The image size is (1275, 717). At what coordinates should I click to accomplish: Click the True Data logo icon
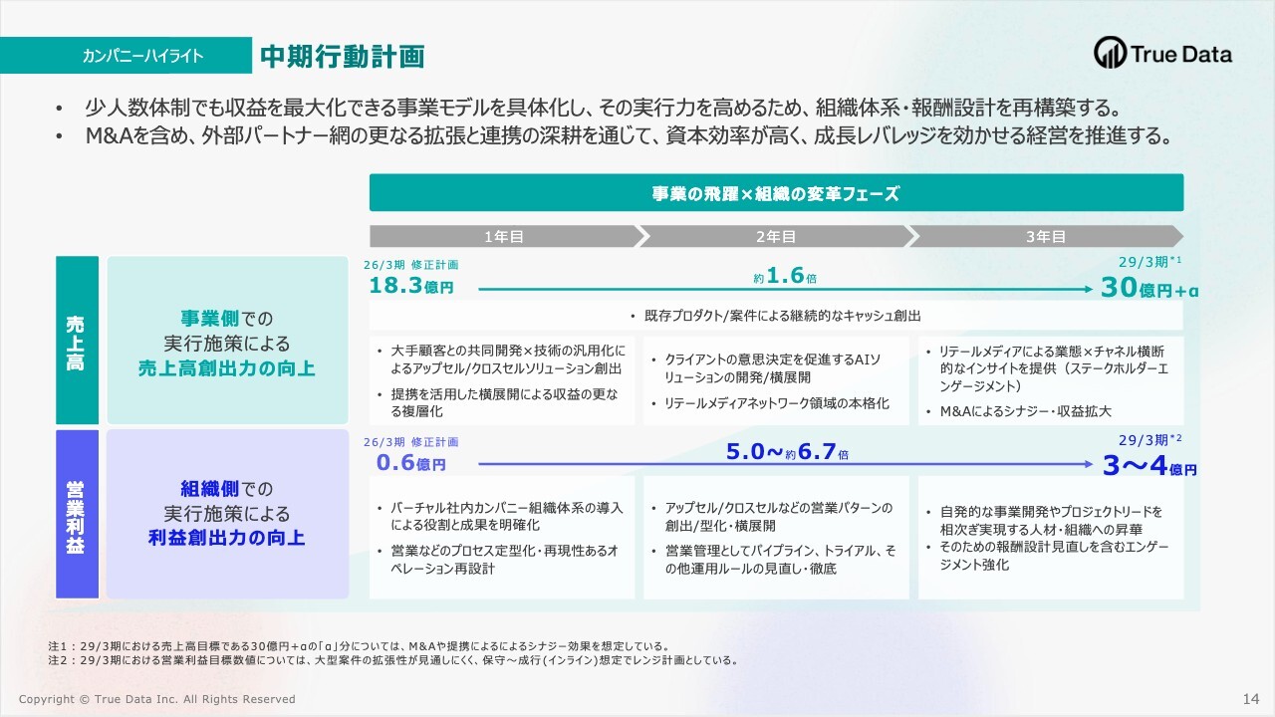point(1110,53)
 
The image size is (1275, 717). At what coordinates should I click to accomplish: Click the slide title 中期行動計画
point(342,57)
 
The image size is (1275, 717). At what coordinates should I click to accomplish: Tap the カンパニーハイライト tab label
point(142,56)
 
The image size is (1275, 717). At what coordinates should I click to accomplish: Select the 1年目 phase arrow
point(506,236)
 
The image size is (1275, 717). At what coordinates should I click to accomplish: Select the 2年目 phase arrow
point(776,236)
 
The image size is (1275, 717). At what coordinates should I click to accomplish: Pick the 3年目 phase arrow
point(1046,236)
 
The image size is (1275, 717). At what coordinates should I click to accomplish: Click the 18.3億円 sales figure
point(411,285)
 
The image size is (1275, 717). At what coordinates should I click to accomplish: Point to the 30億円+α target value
point(1149,288)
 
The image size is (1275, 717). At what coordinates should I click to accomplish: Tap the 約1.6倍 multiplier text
point(785,276)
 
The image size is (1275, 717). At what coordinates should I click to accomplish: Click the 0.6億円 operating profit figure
point(411,463)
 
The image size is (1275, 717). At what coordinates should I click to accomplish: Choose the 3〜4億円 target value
point(1149,465)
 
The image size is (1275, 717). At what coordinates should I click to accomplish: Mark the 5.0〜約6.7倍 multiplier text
point(787,452)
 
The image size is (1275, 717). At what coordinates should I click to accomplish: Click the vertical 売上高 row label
point(75,344)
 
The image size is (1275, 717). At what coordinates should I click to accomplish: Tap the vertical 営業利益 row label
point(75,517)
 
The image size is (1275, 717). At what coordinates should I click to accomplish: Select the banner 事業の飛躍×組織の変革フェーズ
point(776,193)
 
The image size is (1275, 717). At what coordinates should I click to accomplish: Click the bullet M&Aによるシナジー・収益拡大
point(1025,411)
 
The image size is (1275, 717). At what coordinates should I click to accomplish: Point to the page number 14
point(1251,699)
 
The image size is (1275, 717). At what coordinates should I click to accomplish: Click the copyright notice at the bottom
point(157,699)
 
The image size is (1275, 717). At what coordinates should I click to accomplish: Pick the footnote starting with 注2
point(393,660)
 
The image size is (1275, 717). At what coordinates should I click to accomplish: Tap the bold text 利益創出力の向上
point(226,538)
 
